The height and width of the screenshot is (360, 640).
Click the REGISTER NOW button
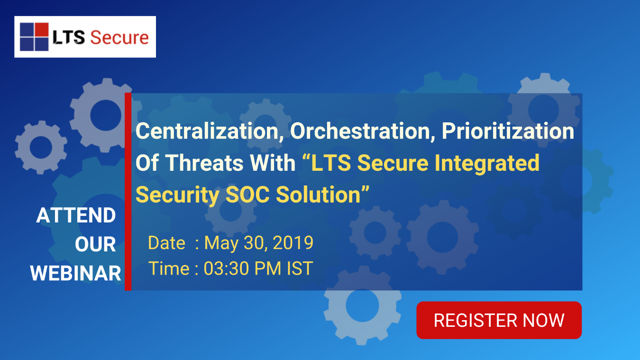pos(499,320)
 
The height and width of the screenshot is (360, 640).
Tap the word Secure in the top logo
pos(119,37)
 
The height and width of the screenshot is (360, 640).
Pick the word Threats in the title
pos(205,163)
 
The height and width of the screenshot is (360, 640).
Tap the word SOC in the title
pos(248,195)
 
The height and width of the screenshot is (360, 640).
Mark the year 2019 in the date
pos(293,243)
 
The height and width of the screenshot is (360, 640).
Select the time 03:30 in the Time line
pos(227,268)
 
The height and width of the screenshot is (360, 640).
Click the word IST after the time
pos(300,268)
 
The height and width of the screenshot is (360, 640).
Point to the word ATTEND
pos(76,216)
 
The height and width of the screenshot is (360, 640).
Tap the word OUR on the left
pos(95,245)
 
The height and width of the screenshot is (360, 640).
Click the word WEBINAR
pos(76,274)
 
